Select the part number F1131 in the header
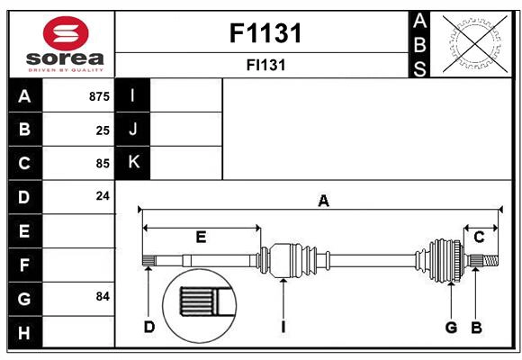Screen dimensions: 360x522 click(x=265, y=34)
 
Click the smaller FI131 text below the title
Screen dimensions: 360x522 click(x=265, y=65)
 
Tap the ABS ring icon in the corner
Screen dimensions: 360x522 click(x=472, y=43)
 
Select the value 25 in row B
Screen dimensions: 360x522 click(x=103, y=130)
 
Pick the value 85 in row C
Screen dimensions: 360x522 click(x=103, y=164)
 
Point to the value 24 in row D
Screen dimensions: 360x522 click(x=103, y=195)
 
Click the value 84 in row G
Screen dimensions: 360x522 click(x=102, y=296)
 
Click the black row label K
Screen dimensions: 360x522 click(x=133, y=163)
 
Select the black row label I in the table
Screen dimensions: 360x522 click(x=133, y=95)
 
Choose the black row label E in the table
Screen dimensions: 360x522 click(x=24, y=231)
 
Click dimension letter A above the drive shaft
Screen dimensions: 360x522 click(x=323, y=202)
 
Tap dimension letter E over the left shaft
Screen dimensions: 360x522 click(x=201, y=238)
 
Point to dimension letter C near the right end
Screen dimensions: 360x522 click(x=479, y=237)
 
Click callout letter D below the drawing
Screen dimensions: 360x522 click(x=149, y=327)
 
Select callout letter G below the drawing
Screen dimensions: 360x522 click(x=451, y=327)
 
